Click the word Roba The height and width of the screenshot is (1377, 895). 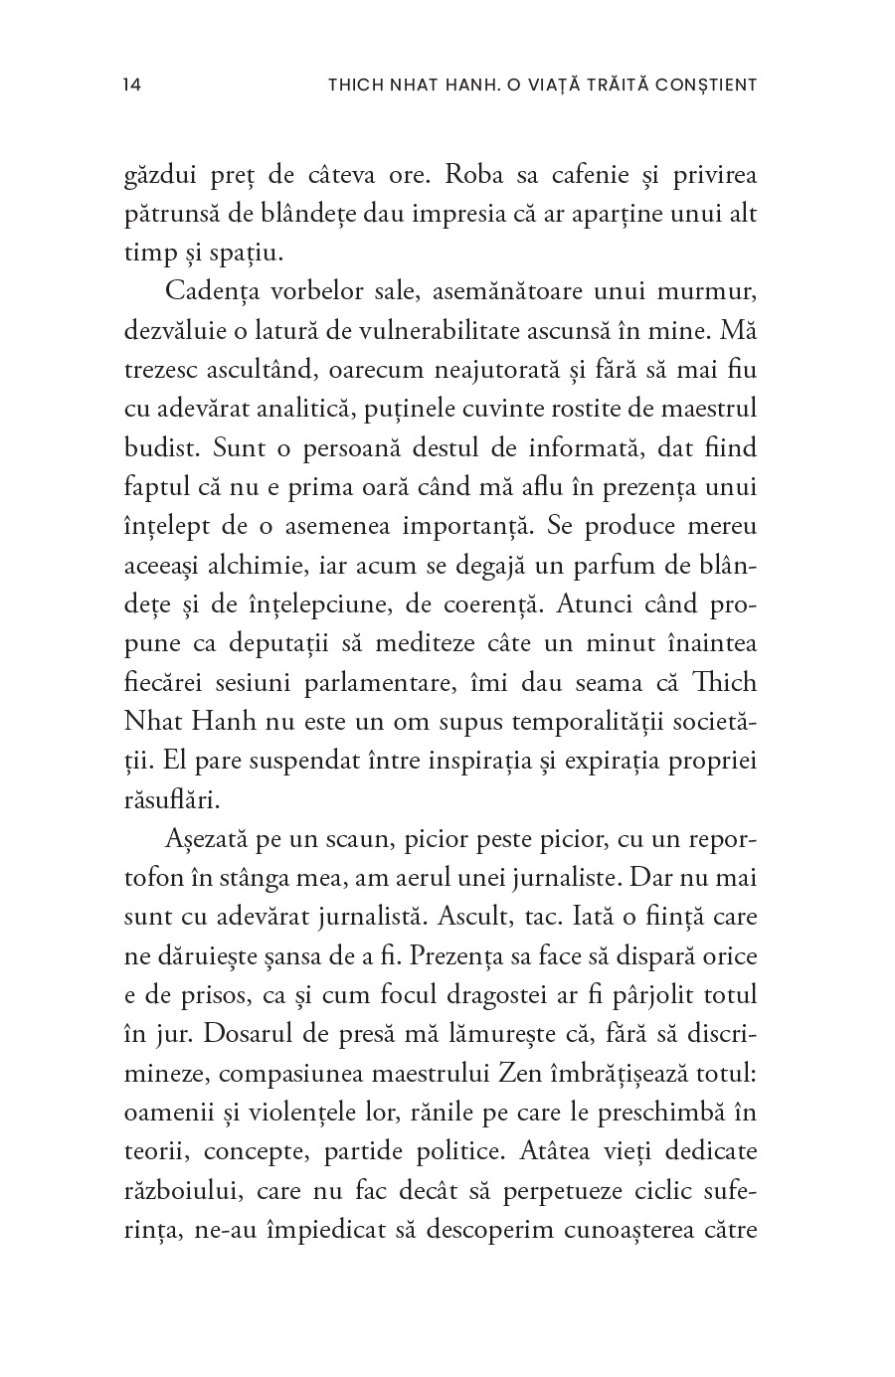pyautogui.click(x=475, y=175)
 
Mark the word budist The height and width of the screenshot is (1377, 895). pyautogui.click(x=158, y=448)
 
